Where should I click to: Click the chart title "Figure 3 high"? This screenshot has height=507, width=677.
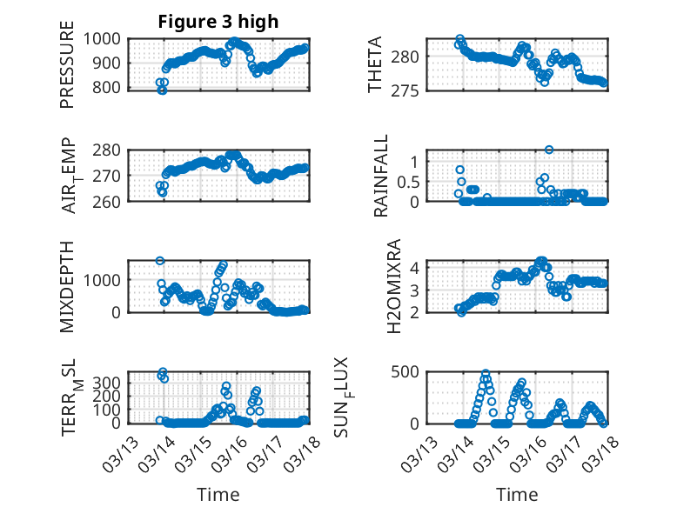click(x=218, y=22)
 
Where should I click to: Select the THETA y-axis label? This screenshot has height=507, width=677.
click(x=375, y=64)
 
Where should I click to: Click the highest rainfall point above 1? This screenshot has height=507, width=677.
click(x=549, y=150)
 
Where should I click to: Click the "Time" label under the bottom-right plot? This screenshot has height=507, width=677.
click(x=517, y=495)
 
